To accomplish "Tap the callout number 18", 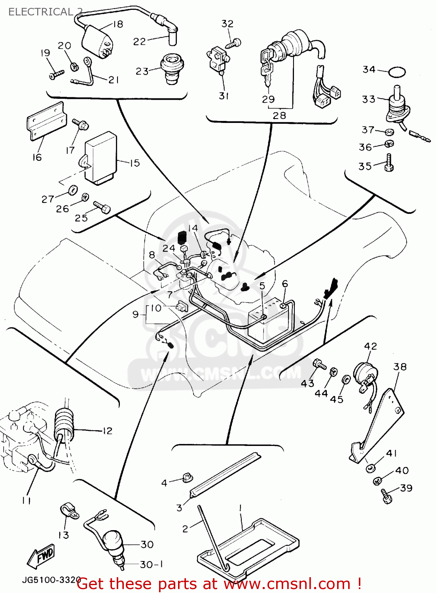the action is [x=118, y=25].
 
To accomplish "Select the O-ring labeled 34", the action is [x=397, y=72].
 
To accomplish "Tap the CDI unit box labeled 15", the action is [x=100, y=158].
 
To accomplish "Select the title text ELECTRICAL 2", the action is [x=45, y=11].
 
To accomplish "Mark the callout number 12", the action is [x=107, y=431].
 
